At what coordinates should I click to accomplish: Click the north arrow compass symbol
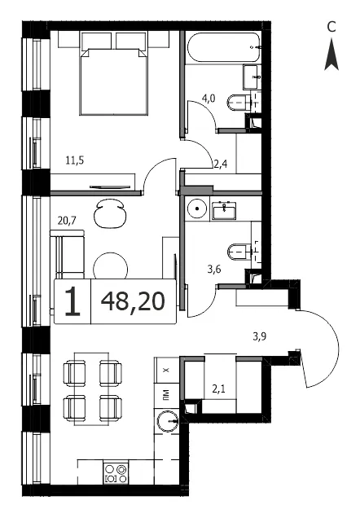pos(331,55)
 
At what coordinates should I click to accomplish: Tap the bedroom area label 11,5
pos(75,160)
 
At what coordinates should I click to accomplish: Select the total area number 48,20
pos(133,301)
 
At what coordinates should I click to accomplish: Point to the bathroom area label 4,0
pos(209,99)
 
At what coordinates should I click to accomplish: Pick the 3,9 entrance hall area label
pos(260,336)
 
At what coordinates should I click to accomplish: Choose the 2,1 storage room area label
pos(218,389)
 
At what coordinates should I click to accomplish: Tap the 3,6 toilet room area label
pos(214,270)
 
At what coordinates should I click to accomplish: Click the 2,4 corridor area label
pos(220,164)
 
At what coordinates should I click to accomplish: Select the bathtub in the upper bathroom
pos(224,47)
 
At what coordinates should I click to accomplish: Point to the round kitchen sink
pos(167,421)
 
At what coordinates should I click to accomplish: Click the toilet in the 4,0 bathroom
pos(240,103)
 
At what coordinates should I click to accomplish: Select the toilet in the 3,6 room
pos(240,252)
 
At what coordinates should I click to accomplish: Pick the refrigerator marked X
pos(166,370)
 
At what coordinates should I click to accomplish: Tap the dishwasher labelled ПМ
pos(166,395)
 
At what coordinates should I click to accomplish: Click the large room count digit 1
pos(72,301)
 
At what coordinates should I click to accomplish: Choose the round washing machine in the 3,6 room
pos(197,209)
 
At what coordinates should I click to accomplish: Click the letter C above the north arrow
pos(331,27)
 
